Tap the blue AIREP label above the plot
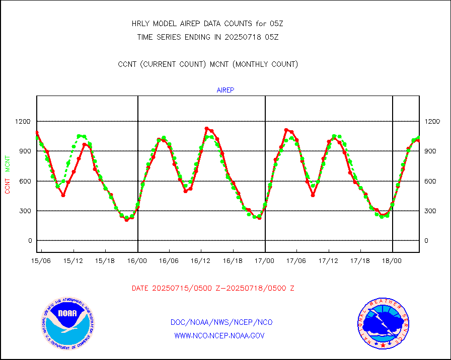(x=225, y=91)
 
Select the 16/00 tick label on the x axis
(x=137, y=261)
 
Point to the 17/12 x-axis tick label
(x=328, y=261)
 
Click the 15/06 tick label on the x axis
(x=41, y=261)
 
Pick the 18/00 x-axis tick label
(x=392, y=261)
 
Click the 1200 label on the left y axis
(x=23, y=121)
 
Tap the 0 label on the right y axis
(x=427, y=241)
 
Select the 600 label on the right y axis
(x=431, y=181)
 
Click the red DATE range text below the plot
(x=213, y=289)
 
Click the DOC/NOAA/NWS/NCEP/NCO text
(x=222, y=322)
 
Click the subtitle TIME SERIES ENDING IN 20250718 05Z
(x=208, y=37)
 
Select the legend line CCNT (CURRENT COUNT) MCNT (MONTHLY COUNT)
(x=208, y=64)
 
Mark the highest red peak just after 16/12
(x=206, y=129)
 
